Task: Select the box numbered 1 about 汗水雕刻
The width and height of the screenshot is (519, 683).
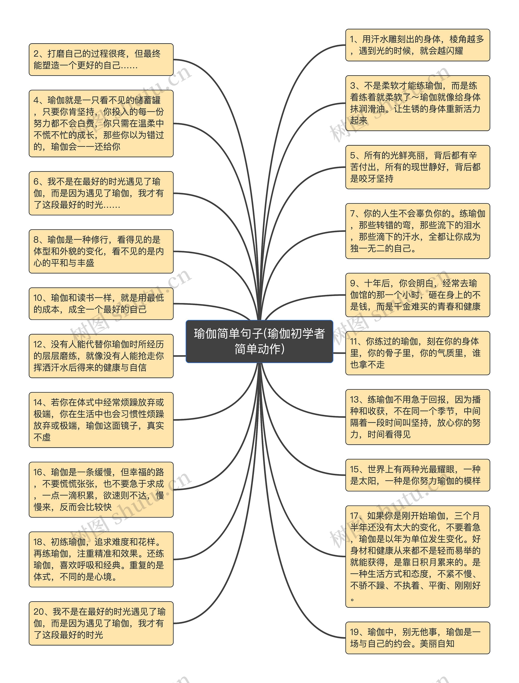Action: coord(417,45)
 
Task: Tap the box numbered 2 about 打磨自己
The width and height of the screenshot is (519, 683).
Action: coord(101,60)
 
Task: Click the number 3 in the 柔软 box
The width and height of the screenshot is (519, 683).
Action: coord(353,86)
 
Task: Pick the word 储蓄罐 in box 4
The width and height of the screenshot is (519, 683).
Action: coord(148,100)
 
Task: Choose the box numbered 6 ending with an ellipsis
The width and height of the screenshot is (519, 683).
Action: coord(101,193)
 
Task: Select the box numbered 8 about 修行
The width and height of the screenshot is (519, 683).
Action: coord(101,251)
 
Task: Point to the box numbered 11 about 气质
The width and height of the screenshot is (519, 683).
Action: coord(417,353)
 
